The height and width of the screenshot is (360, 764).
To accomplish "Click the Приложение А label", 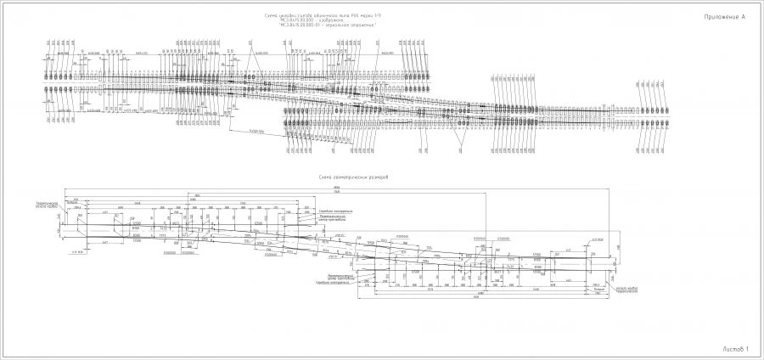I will click(723, 17).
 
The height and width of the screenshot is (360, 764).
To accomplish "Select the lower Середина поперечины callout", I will click(329, 283).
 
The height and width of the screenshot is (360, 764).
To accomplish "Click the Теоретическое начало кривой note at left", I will click(46, 206).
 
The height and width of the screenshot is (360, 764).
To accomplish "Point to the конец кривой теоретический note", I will click(626, 290).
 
